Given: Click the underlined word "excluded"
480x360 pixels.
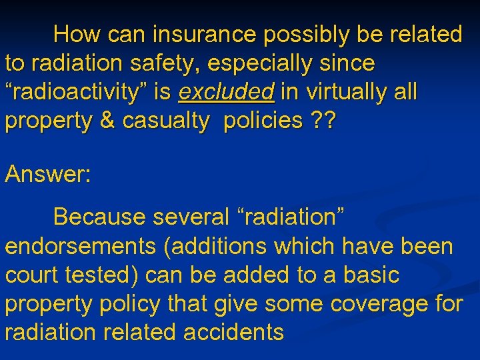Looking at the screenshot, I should tap(226, 93).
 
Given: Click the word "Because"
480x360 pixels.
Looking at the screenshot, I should tap(99, 217).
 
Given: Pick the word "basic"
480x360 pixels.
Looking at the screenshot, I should tap(368, 275).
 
